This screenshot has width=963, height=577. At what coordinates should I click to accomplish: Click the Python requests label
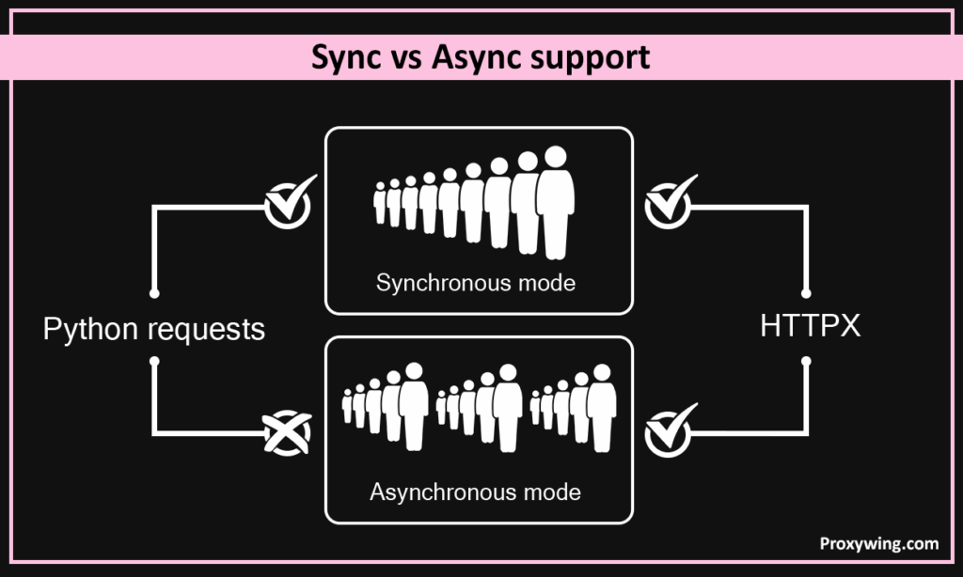154,329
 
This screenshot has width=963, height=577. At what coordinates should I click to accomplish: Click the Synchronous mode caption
475,282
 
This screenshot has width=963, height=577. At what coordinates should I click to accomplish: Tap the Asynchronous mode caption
475,491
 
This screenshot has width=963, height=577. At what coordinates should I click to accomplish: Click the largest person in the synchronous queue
557,201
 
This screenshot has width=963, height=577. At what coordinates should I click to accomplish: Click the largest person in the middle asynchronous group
508,404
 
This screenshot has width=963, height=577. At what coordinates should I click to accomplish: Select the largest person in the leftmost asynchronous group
413,404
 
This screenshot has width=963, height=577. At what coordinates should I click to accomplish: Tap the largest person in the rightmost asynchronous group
602,404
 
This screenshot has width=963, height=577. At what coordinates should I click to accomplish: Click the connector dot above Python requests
154,293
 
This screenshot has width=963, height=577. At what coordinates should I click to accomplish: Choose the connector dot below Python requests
154,361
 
